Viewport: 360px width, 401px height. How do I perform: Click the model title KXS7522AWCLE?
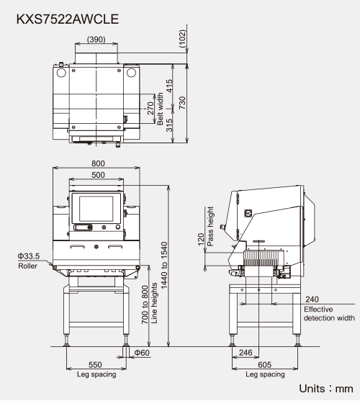(x=68, y=19)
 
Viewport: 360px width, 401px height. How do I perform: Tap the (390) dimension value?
(x=96, y=40)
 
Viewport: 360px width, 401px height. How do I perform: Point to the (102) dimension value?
(x=182, y=39)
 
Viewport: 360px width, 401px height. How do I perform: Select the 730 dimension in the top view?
(x=182, y=103)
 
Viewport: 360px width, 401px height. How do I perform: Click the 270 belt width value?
(x=150, y=109)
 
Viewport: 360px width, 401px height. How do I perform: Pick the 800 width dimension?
(x=98, y=163)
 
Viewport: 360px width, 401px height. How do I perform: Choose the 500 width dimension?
(x=98, y=175)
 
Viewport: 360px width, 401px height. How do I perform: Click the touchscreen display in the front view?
(x=96, y=209)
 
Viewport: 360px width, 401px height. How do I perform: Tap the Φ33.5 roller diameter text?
(x=29, y=256)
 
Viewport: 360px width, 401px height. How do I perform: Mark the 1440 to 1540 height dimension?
(x=164, y=265)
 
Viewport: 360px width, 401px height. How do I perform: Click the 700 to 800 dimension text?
(x=145, y=305)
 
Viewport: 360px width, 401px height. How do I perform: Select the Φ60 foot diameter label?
(x=142, y=353)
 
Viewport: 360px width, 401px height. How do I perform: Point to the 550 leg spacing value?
(x=95, y=365)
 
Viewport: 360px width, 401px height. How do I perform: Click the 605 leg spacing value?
(x=265, y=365)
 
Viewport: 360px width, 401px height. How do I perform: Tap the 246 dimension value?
(x=246, y=353)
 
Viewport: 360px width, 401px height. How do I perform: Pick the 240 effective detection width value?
(x=312, y=299)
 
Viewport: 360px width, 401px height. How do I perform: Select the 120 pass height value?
(x=202, y=239)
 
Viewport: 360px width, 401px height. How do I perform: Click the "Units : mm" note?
(x=326, y=389)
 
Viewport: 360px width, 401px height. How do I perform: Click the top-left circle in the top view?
(x=61, y=73)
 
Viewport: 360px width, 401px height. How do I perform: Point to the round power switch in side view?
(x=248, y=213)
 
